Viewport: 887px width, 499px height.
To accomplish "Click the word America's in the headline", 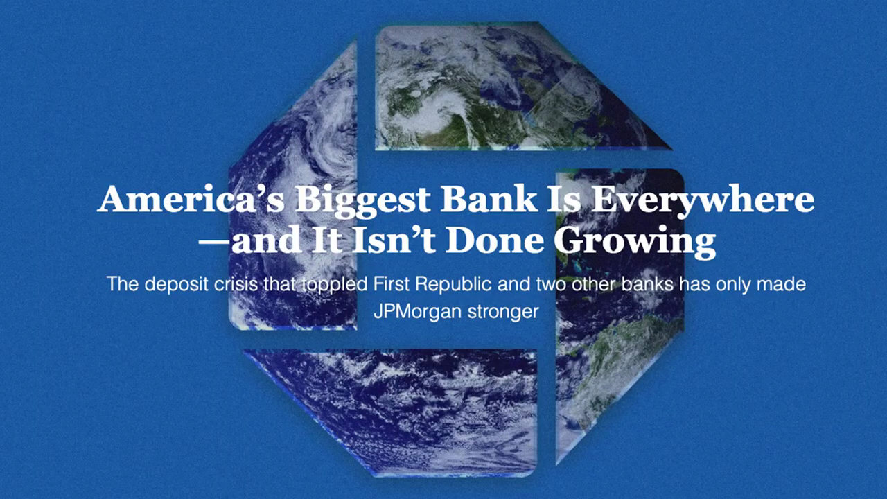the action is click(191, 198).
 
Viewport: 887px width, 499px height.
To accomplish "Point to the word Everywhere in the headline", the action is click(703, 201).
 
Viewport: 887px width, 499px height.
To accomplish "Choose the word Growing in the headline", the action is click(635, 243).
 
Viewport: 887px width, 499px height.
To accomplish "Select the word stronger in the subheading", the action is click(503, 312).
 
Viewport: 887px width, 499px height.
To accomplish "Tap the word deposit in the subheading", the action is click(176, 285).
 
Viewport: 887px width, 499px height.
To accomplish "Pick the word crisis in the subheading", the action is click(236, 284).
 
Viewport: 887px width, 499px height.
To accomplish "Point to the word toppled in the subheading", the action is click(335, 285).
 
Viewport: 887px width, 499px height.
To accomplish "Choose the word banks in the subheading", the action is click(647, 284).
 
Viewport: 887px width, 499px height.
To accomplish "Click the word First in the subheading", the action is click(389, 284).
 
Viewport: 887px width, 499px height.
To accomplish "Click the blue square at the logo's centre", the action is click(456, 249).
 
